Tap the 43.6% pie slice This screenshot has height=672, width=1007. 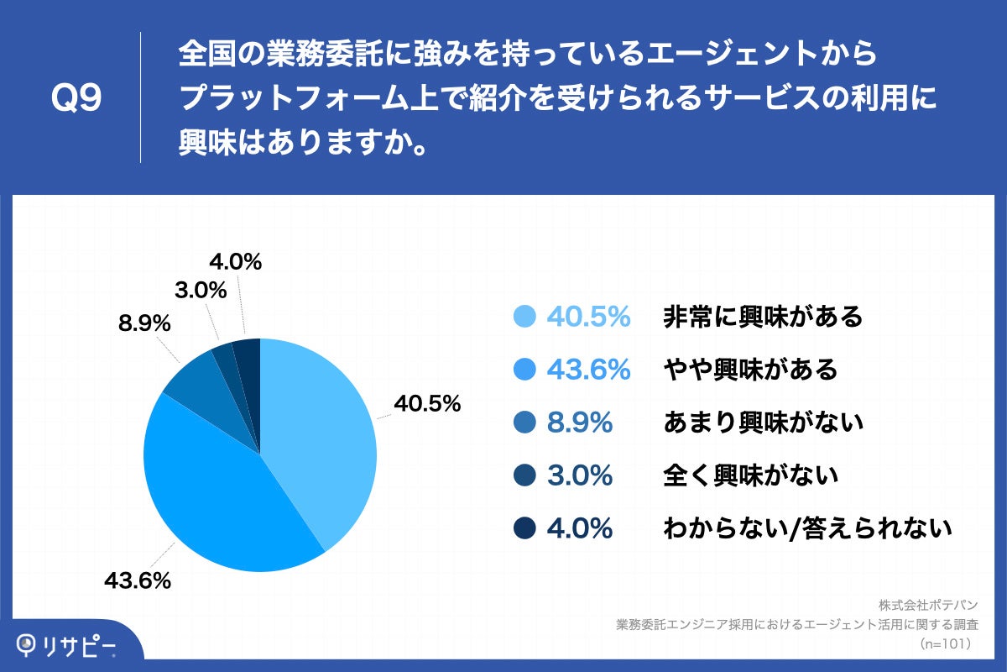218,496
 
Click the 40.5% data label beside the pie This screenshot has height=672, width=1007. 428,404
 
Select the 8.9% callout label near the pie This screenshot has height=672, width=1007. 144,323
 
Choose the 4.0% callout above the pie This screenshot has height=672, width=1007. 236,262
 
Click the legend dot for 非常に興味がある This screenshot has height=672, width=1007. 524,317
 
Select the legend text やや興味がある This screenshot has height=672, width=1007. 750,370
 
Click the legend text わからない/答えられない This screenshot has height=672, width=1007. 807,528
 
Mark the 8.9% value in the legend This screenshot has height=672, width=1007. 580,423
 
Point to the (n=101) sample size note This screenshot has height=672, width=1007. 945,643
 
